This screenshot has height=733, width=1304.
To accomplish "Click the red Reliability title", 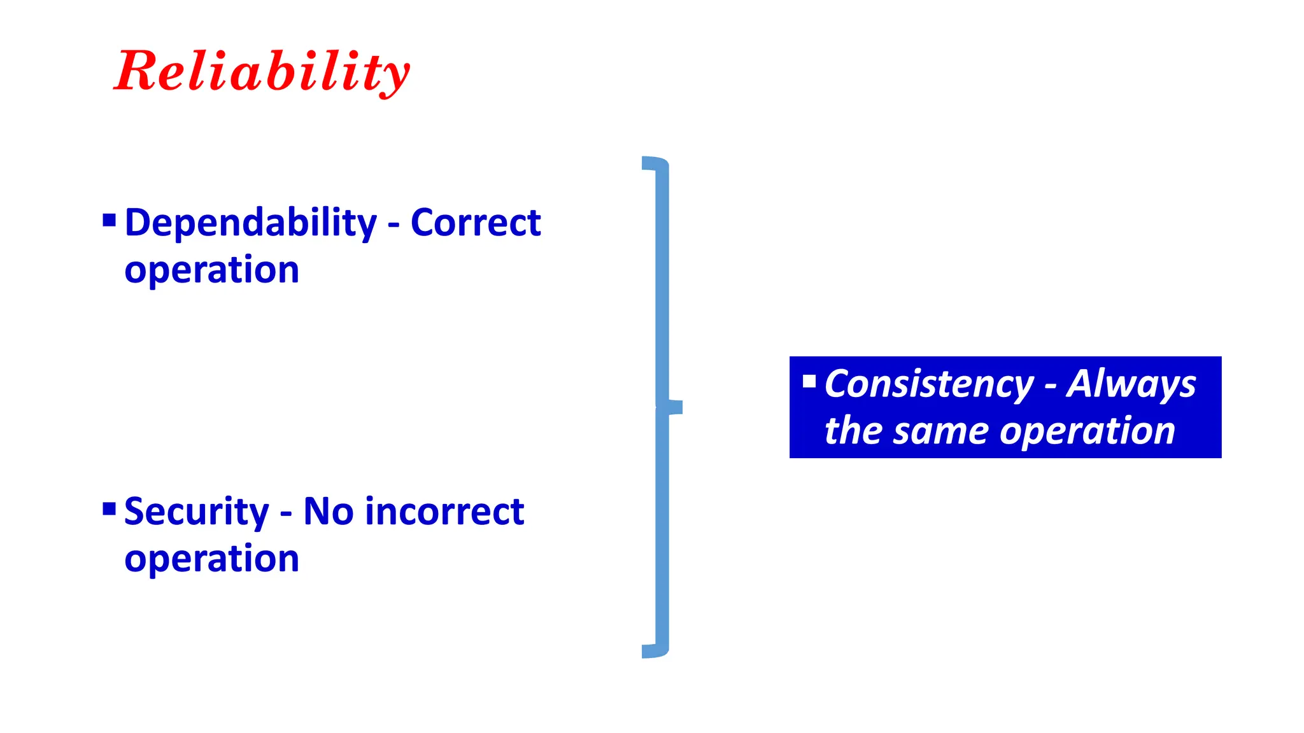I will (x=262, y=72).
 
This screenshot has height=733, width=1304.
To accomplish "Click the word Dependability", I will (x=251, y=223).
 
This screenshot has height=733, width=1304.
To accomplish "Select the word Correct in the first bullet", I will (x=476, y=223).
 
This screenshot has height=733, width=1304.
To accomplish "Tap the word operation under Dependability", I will (x=211, y=270).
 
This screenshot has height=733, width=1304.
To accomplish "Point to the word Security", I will (x=196, y=512).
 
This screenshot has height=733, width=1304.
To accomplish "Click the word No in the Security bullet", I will (x=328, y=512).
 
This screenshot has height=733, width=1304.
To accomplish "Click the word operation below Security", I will (x=211, y=559).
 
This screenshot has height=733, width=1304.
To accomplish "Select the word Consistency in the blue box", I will (x=929, y=385).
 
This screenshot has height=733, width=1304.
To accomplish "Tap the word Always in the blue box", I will (x=1131, y=385).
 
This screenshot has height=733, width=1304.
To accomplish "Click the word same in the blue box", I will (x=941, y=431).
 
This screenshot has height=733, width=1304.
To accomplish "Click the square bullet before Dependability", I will (x=109, y=221).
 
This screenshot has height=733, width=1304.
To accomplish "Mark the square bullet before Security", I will (x=109, y=509).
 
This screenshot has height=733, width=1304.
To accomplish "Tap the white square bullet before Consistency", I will (x=809, y=382).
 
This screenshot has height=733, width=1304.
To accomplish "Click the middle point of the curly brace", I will (x=672, y=407).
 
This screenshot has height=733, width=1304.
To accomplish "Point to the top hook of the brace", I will (x=655, y=163).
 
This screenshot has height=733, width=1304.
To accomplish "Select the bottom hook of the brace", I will (x=655, y=651).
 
